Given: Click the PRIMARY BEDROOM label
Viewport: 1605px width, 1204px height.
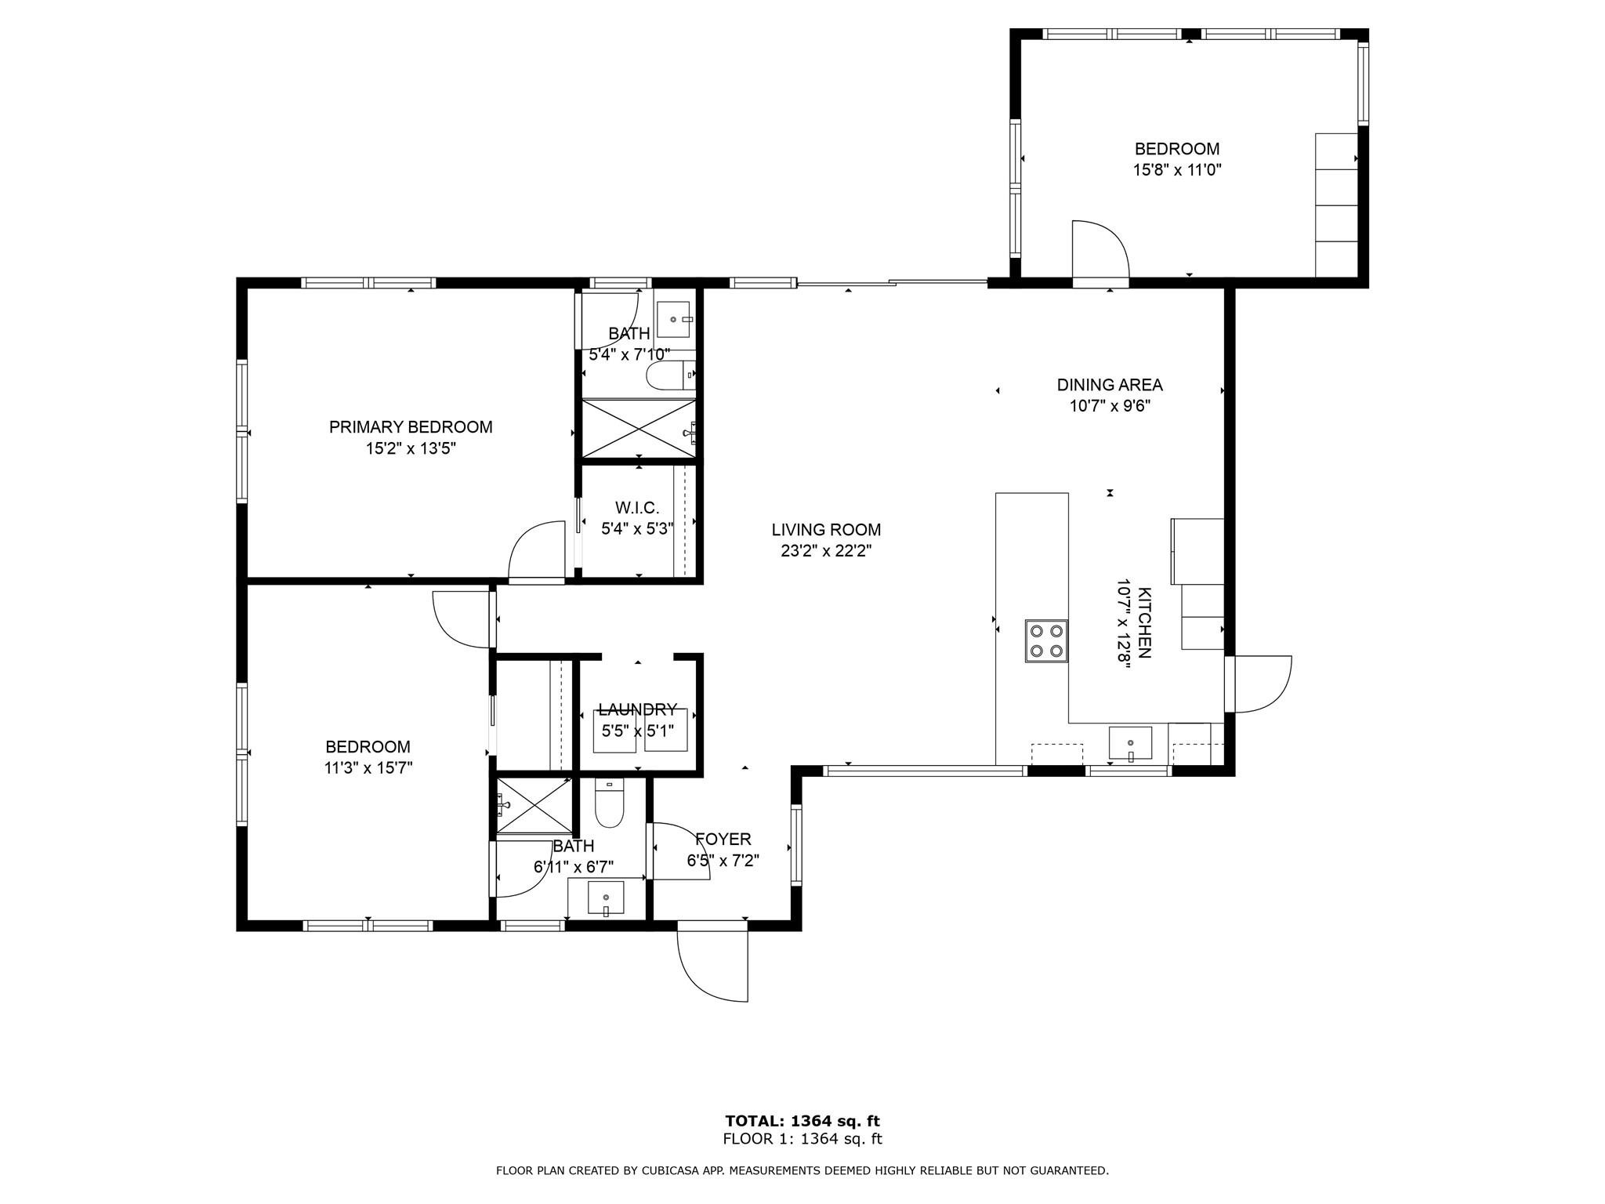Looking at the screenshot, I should click(x=411, y=427).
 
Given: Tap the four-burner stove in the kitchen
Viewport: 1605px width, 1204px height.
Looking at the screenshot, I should click(x=1046, y=640).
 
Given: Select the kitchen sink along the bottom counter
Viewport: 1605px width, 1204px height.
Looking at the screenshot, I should click(x=1130, y=743).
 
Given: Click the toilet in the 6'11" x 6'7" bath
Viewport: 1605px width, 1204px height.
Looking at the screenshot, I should click(x=609, y=803).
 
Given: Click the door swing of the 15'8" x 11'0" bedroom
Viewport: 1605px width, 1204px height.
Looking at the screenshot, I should click(x=1099, y=249).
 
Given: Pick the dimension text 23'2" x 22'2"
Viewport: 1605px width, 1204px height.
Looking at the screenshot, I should click(x=826, y=551).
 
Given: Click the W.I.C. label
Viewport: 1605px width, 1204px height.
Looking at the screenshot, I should click(x=637, y=507).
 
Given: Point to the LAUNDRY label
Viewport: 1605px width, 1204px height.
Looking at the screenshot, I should click(x=637, y=709).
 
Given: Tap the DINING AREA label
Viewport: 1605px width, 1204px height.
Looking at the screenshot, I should click(x=1110, y=385).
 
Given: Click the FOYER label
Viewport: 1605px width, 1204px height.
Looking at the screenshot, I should click(x=723, y=840).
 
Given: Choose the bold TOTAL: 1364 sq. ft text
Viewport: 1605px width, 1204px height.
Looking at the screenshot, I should click(x=802, y=1121).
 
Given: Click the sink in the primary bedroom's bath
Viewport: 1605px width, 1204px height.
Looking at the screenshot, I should click(x=673, y=319).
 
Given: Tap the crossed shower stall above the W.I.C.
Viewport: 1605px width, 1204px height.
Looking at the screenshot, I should click(x=638, y=428).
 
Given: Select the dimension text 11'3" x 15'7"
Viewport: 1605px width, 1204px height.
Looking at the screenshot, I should click(x=368, y=768).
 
